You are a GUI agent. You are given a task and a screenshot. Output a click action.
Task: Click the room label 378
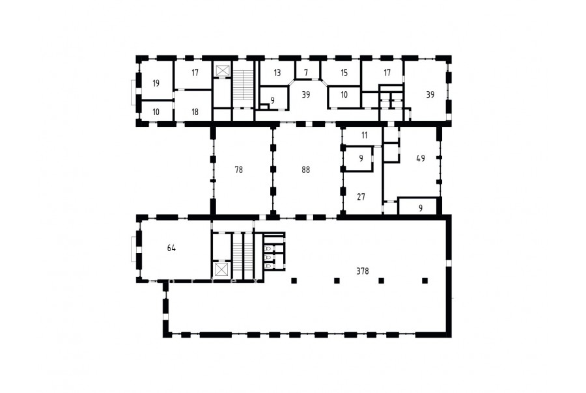(363, 271)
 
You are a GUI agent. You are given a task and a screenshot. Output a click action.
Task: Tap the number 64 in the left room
(171, 248)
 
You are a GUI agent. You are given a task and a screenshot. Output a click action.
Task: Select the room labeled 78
(238, 170)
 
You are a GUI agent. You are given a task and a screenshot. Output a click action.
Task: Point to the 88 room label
(306, 170)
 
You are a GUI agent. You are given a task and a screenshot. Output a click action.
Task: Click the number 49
(421, 158)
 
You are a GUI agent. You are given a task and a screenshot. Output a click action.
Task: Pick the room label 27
(361, 197)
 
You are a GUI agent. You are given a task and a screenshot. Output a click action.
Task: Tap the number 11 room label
(365, 135)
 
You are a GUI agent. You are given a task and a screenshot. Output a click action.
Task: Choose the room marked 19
(156, 83)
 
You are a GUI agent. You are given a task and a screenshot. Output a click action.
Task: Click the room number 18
(195, 112)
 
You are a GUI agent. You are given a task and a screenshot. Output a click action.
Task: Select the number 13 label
(277, 72)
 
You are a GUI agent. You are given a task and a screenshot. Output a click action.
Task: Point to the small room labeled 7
(306, 72)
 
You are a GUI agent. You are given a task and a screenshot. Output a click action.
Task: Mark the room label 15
(344, 72)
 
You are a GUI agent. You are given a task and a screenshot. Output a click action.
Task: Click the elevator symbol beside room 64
(221, 269)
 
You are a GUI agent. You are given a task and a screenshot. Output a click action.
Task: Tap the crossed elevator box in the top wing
(221, 70)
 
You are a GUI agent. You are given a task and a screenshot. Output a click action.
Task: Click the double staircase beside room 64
(244, 256)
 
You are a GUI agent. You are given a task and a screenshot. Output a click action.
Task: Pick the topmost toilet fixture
(268, 248)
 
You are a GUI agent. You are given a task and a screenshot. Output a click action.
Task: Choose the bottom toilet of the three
(268, 265)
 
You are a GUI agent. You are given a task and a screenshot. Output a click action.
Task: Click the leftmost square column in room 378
(294, 280)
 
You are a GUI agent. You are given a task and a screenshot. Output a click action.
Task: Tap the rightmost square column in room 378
(425, 280)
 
